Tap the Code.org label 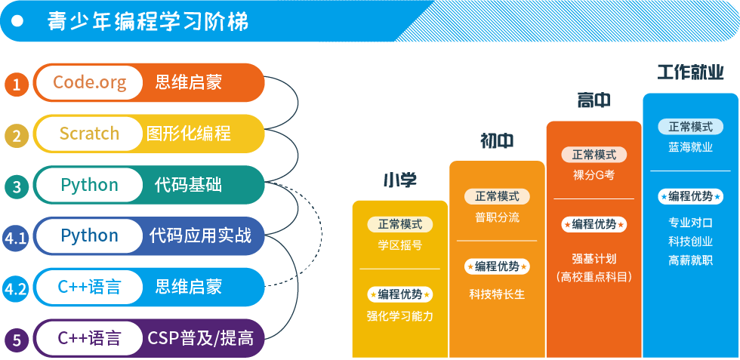point(89,82)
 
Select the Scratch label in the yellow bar point(89,134)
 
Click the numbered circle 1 point(17,84)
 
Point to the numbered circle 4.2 point(17,289)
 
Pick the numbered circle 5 point(17,340)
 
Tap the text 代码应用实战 point(199,235)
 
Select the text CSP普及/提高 point(200,338)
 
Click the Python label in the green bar point(89,185)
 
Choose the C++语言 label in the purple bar point(89,338)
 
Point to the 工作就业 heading point(690,72)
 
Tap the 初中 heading point(497,140)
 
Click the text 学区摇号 point(400,245)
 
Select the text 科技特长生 point(497,294)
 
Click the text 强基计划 point(594,258)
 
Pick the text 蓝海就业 point(690,147)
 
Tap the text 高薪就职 point(690,260)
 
